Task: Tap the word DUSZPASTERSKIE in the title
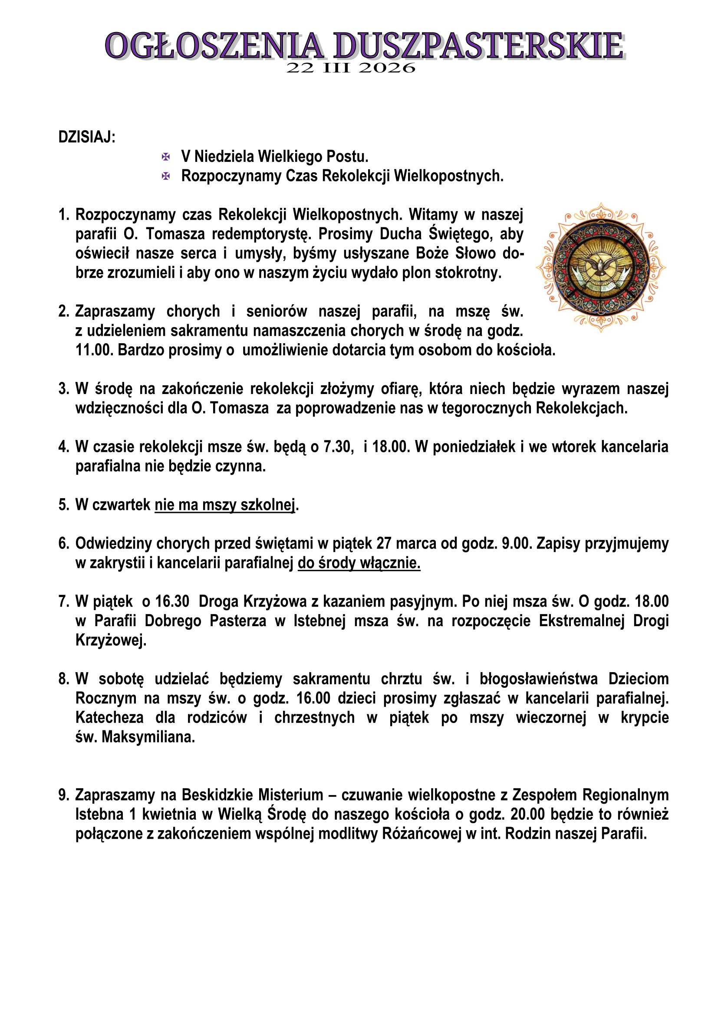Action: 478,46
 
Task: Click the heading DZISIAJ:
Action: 87,138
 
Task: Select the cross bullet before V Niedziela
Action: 166,157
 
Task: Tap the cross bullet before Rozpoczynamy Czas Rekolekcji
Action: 166,176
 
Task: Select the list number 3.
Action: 63,389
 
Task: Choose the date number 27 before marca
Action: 384,544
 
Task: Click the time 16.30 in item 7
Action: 172,601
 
